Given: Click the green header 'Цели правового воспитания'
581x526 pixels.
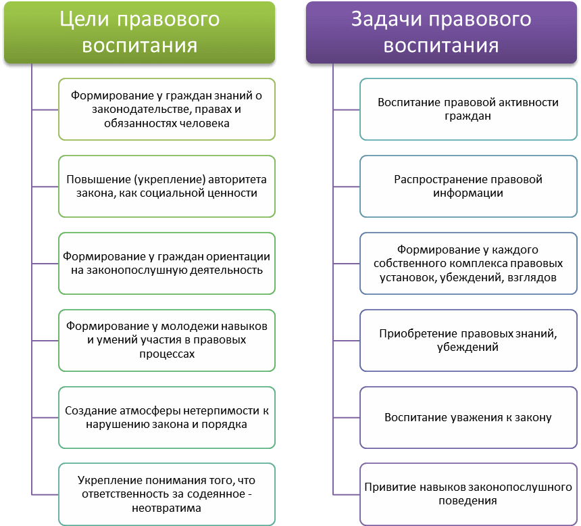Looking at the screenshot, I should click(140, 32).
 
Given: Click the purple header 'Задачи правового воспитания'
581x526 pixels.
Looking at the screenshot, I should click(441, 32).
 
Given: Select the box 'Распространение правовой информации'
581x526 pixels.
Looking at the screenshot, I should click(468, 187).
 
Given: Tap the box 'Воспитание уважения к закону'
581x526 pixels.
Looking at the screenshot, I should click(468, 417).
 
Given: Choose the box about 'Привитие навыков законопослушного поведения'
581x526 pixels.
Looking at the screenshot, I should click(468, 494).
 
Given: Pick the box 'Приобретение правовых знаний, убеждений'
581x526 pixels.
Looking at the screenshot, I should click(468, 340).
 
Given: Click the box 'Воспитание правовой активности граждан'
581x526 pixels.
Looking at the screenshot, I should click(468, 109).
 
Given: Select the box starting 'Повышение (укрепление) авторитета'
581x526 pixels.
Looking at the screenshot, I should click(167, 187).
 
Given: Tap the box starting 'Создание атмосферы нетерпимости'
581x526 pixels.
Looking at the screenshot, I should click(167, 417).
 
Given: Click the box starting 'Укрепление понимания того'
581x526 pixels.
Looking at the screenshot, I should click(167, 494).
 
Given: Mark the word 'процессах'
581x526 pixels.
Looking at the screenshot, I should click(167, 354).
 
